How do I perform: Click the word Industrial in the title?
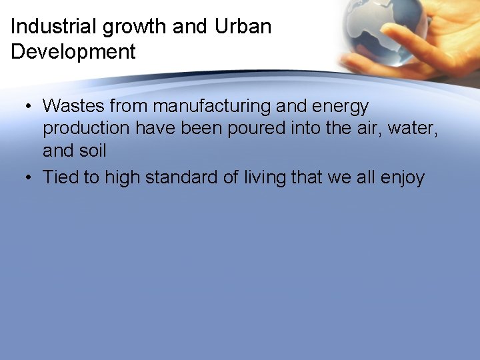click(55, 27)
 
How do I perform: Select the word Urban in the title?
click(243, 27)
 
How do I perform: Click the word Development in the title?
click(73, 51)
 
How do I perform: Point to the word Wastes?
click(73, 106)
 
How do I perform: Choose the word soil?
click(93, 151)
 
